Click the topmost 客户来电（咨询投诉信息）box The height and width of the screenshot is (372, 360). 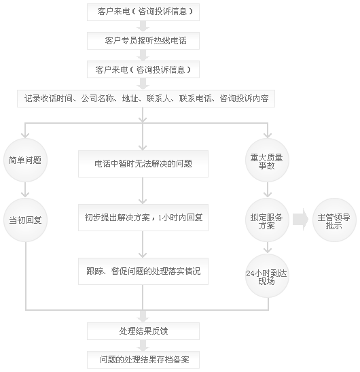click(143, 12)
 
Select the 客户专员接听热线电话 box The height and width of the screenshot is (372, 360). click(143, 41)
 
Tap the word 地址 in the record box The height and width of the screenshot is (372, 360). click(130, 99)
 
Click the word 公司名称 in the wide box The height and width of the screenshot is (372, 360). click(97, 99)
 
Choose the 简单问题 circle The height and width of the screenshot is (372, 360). click(25, 160)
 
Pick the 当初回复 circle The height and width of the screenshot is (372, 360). click(25, 220)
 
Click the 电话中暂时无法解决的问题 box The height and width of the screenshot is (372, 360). click(143, 164)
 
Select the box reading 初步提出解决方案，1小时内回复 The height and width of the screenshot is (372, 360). click(143, 218)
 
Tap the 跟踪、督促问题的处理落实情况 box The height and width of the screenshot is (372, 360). click(143, 271)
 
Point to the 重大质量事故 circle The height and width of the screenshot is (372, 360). click(267, 160)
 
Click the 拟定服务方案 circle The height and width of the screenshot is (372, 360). click(267, 220)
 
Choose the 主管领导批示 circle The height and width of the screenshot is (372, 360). click(334, 220)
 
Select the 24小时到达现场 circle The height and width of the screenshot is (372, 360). click(267, 275)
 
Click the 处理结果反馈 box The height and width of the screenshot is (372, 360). click(143, 331)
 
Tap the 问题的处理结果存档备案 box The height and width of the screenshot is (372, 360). click(143, 360)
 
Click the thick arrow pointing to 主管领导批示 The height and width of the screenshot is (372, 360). click(300, 220)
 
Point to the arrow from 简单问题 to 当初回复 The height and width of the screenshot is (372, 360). click(25, 190)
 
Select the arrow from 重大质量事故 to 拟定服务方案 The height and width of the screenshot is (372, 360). click(268, 190)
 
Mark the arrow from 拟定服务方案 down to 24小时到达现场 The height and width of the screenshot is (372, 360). click(268, 248)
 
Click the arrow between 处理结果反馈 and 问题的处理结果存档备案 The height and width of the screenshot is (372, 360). click(143, 345)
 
